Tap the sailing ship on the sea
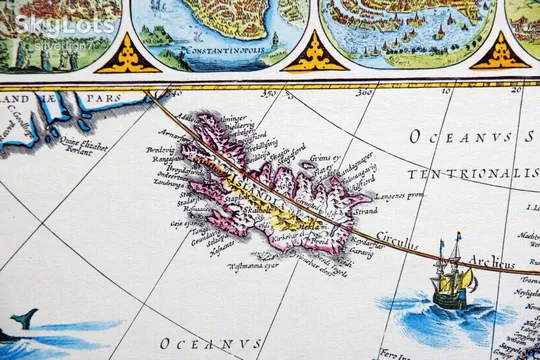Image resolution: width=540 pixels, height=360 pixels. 451,281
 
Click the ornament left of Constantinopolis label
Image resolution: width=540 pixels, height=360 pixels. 127,55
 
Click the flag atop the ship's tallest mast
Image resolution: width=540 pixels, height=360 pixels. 458,236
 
